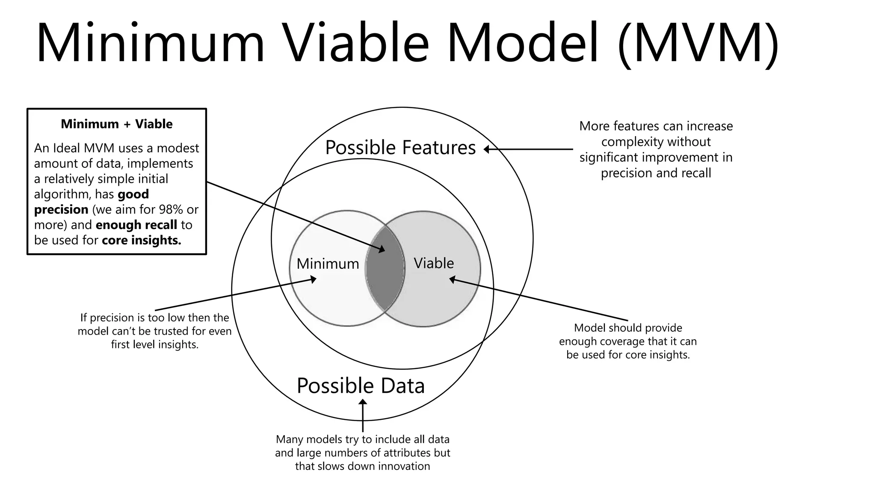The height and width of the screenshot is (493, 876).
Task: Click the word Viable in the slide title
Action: (356, 44)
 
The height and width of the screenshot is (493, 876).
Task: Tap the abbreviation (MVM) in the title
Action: (698, 44)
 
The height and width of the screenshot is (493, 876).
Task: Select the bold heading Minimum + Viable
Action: (116, 124)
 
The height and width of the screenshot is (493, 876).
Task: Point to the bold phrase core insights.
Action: (142, 240)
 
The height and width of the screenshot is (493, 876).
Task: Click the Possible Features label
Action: (400, 148)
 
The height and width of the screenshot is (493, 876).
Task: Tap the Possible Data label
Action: (361, 386)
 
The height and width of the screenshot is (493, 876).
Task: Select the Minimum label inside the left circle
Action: (328, 264)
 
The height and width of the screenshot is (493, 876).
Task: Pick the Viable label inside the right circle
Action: (434, 263)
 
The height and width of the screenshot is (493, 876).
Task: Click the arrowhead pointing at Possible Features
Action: (487, 149)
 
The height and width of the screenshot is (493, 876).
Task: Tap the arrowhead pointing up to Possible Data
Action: (363, 402)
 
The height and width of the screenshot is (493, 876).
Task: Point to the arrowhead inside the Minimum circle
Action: (313, 279)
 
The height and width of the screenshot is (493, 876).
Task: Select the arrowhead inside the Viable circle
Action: (452, 279)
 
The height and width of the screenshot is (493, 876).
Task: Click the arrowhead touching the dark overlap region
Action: (382, 249)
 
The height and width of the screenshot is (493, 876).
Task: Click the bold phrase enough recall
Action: (136, 225)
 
